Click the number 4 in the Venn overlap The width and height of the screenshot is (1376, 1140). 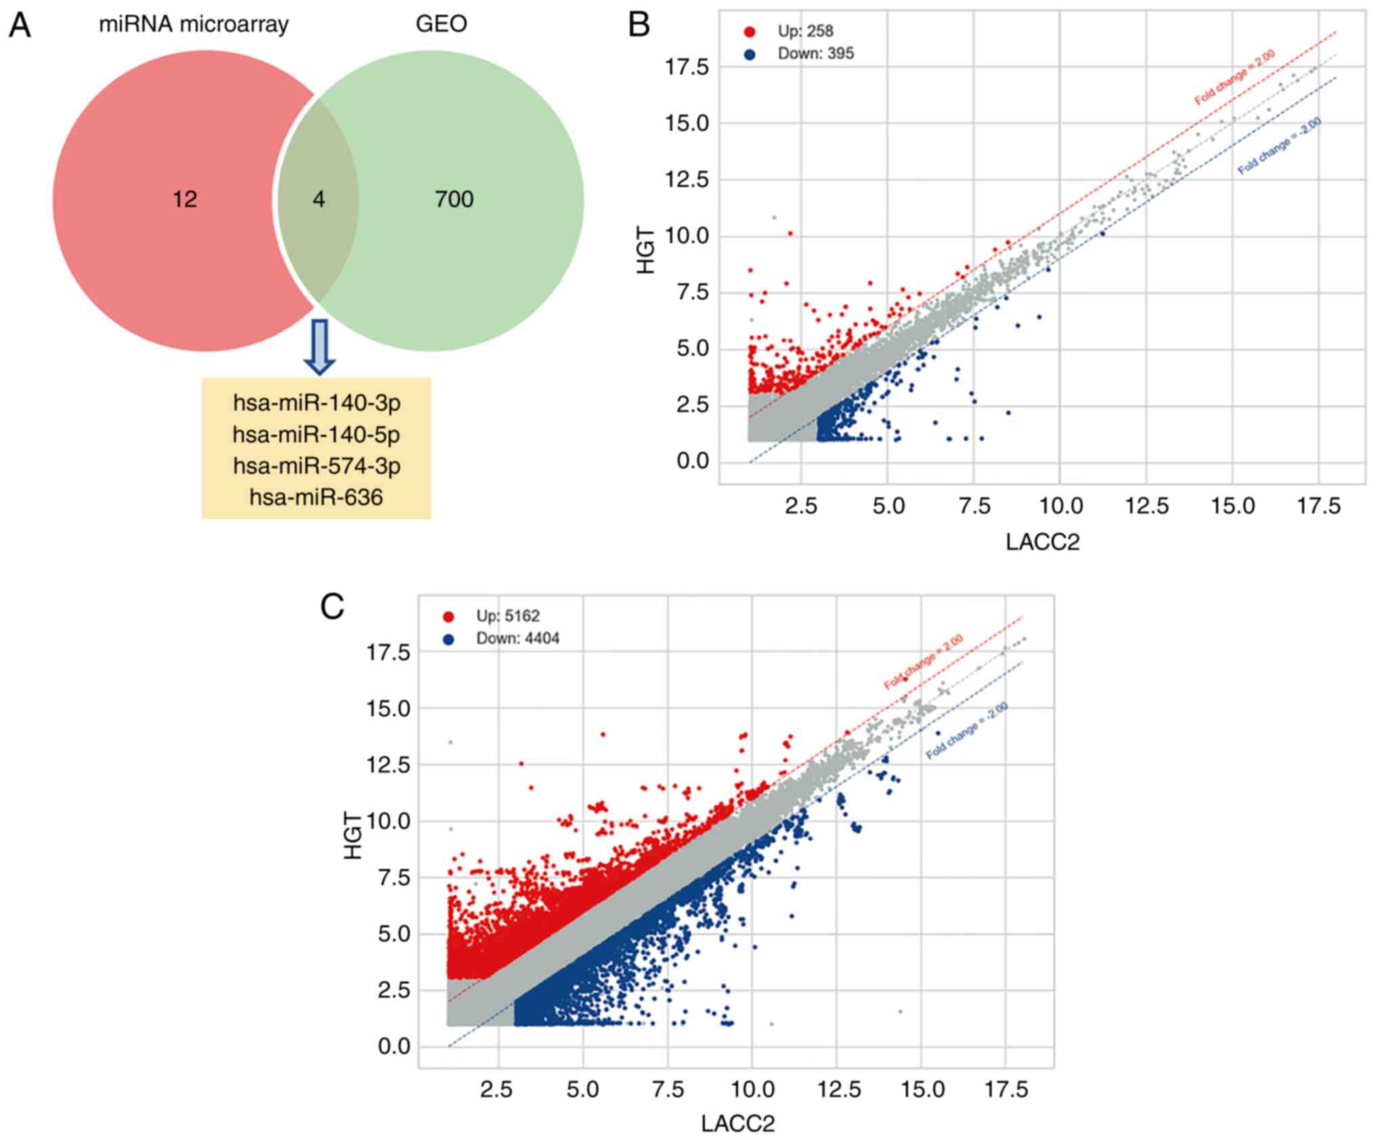click(318, 199)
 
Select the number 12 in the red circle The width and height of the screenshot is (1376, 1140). click(184, 199)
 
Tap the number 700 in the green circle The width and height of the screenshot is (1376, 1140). click(454, 199)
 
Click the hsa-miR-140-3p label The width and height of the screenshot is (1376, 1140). click(316, 402)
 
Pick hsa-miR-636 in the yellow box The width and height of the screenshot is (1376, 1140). click(316, 497)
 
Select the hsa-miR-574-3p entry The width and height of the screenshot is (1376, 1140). click(316, 466)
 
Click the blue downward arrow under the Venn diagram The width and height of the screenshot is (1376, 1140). click(319, 346)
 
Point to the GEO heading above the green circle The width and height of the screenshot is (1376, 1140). click(441, 24)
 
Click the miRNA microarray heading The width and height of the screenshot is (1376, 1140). click(194, 24)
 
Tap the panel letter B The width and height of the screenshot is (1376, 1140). click(639, 25)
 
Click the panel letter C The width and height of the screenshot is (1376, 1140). click(332, 608)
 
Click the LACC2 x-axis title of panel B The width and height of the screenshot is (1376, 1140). click(1042, 542)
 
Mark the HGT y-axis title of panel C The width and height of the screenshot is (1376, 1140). click(353, 839)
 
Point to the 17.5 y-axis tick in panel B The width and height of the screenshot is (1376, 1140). click(687, 67)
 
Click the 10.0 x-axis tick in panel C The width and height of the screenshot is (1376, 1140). click(752, 1090)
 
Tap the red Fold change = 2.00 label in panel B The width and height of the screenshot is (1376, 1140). click(1234, 78)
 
